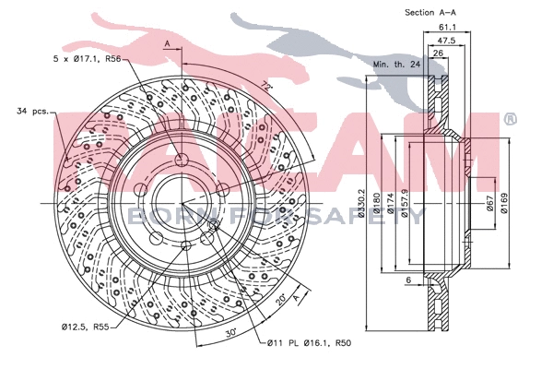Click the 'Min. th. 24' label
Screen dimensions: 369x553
(x=396, y=65)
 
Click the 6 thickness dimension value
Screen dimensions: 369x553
(x=408, y=278)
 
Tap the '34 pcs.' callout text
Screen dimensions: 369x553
(x=31, y=113)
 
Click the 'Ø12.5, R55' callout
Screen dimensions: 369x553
(x=87, y=325)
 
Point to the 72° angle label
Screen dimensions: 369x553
(x=266, y=88)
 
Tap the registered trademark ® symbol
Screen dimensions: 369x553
(x=509, y=119)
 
